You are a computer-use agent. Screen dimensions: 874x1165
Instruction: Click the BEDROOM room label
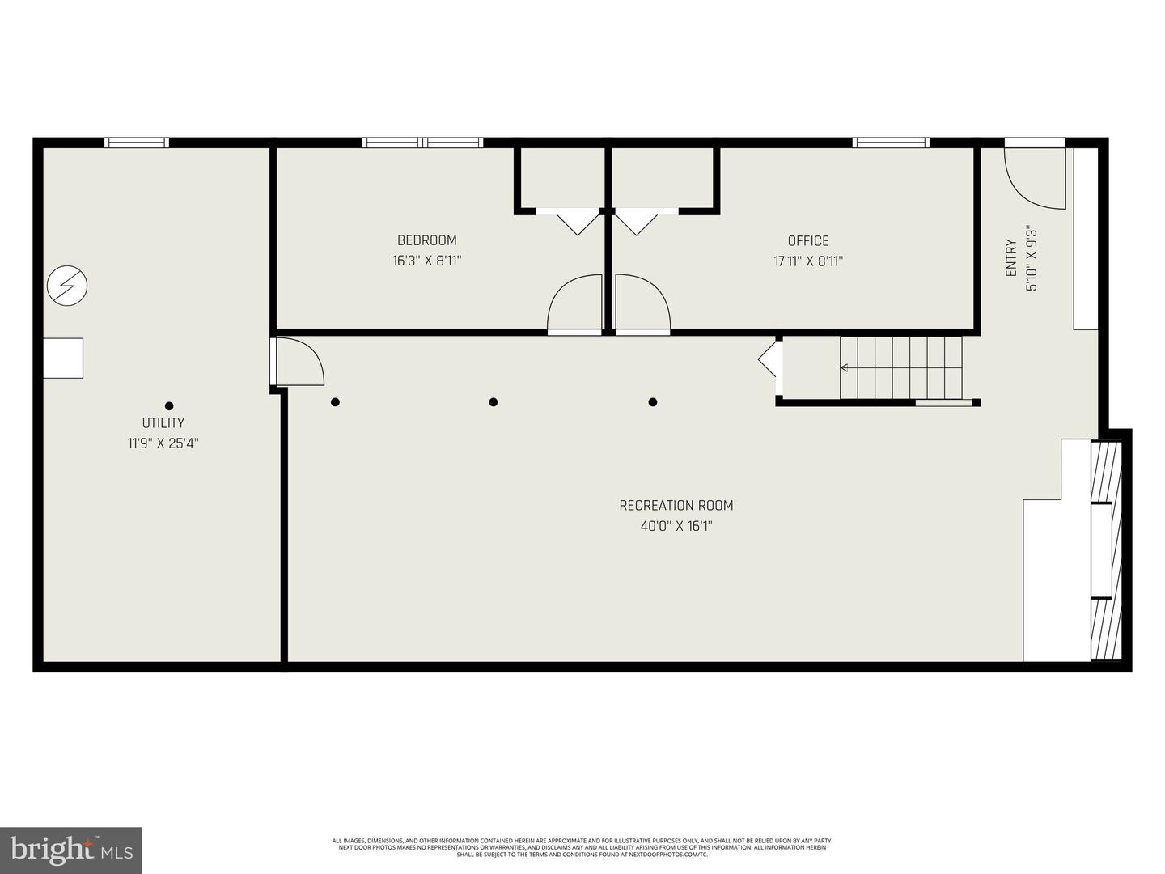point(426,240)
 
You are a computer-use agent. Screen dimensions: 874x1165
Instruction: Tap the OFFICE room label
point(808,241)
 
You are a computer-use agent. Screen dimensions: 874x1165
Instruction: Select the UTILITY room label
point(163,423)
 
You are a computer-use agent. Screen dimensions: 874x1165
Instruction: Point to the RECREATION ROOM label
point(676,506)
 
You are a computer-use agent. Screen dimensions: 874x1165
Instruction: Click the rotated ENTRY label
point(1011,258)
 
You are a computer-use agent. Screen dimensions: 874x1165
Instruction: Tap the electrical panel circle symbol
point(67,286)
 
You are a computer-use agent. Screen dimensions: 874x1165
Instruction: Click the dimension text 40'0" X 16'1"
point(676,527)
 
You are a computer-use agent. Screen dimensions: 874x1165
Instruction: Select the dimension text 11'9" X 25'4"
point(163,443)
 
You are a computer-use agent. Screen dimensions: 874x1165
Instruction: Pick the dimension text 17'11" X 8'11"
point(808,261)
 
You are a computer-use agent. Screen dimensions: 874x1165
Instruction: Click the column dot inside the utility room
point(169,406)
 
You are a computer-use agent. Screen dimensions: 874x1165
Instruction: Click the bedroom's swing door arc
point(574,303)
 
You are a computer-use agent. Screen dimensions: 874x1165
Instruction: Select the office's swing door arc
point(643,303)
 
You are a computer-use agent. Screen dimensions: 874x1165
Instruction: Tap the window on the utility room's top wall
point(137,142)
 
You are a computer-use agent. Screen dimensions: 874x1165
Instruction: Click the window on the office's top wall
point(891,142)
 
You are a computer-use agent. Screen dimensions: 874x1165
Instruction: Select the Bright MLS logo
point(71,851)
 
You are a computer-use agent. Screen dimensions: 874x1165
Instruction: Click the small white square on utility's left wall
point(63,358)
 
